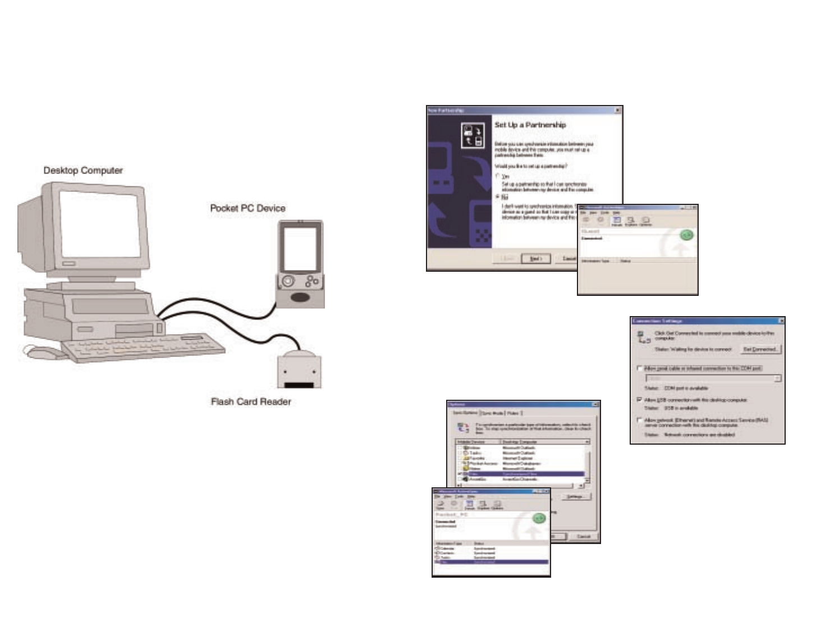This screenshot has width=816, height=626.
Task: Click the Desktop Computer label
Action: [x=83, y=171]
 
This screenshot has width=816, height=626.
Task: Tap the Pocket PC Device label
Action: [x=247, y=208]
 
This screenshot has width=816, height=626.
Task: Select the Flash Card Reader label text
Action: [x=251, y=402]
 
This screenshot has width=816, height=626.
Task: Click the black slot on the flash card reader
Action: [x=300, y=386]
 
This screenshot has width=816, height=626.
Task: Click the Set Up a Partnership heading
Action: [x=530, y=125]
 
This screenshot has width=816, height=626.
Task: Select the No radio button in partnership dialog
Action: [x=498, y=197]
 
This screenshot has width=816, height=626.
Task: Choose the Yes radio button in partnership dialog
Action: [x=498, y=176]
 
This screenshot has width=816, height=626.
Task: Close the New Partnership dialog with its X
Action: [x=618, y=110]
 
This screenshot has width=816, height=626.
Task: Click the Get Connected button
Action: [x=760, y=349]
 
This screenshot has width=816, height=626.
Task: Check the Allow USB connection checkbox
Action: [x=640, y=400]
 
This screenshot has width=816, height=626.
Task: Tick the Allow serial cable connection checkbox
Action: [x=640, y=368]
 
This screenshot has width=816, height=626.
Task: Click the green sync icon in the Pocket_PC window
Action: [x=539, y=518]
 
